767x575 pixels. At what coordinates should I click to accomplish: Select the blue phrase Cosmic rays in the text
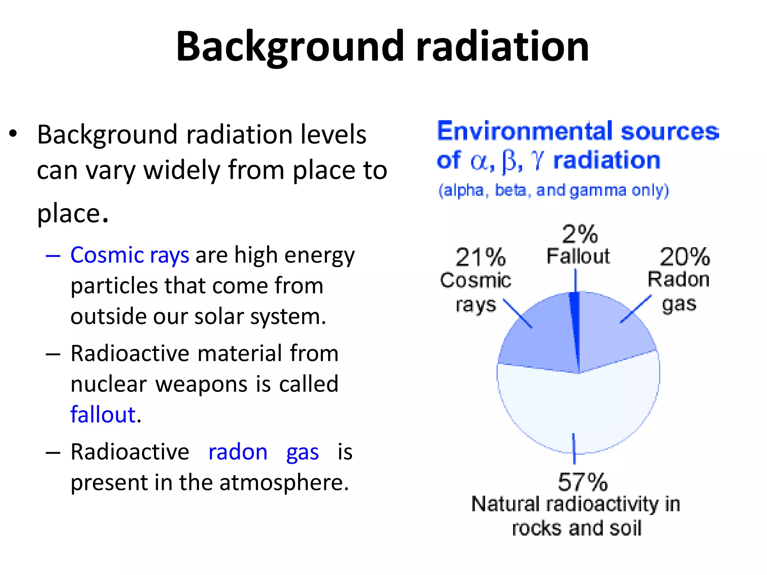[x=130, y=256]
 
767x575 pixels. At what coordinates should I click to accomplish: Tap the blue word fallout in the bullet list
[x=103, y=415]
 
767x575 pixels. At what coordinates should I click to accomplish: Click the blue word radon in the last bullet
[x=238, y=452]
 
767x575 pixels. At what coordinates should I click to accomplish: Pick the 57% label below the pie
[x=582, y=482]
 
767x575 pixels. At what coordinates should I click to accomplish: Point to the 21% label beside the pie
[x=480, y=258]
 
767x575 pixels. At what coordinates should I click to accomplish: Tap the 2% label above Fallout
[x=579, y=234]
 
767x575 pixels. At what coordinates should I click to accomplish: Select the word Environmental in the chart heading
[x=526, y=131]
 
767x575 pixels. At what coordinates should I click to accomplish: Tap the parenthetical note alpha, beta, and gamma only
[x=553, y=191]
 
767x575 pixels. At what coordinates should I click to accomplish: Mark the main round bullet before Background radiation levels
[x=13, y=134]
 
